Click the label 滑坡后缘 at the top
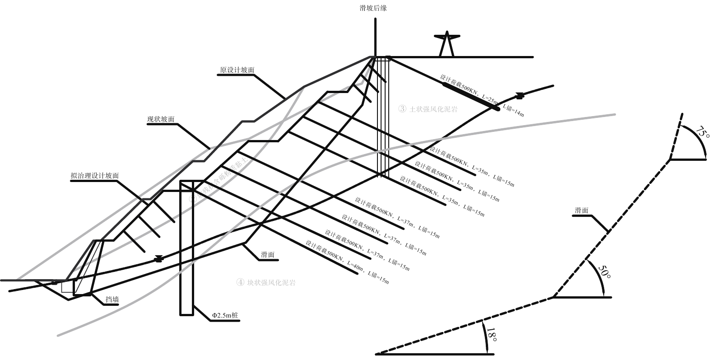373,8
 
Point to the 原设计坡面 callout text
237,70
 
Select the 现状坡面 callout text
161,119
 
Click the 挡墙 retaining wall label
112,299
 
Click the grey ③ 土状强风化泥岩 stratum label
428,109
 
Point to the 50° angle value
604,272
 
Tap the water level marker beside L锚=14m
520,95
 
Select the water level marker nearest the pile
158,259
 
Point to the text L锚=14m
513,111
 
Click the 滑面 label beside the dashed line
582,210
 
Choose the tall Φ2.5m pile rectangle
186,248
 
